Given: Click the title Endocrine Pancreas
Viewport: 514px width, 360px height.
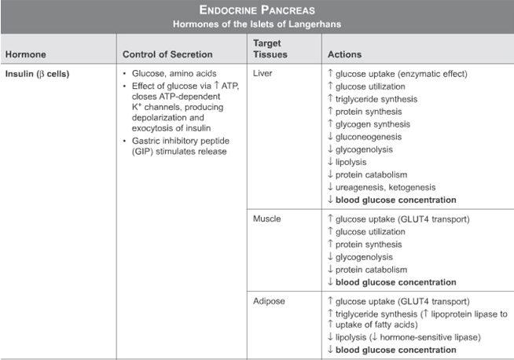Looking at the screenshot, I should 257,10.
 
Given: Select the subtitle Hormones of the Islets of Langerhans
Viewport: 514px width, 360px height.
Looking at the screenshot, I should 257,24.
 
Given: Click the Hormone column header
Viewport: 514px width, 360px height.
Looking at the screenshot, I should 25,55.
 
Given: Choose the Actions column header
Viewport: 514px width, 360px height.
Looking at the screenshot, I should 344,55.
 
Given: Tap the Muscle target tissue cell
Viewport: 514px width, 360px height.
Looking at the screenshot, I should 267,219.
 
